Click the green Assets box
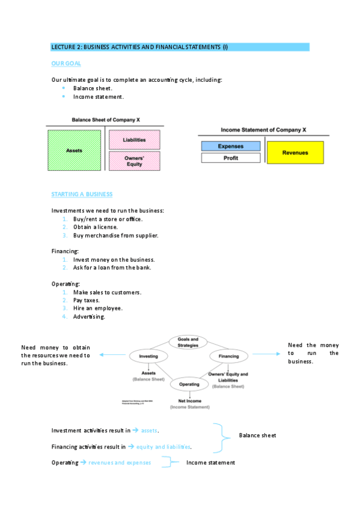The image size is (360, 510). click(x=75, y=150)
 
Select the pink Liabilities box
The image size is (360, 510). click(x=134, y=140)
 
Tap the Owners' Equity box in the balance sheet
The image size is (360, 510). click(x=134, y=161)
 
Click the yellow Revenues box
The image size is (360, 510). click(x=294, y=152)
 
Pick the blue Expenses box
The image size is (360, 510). click(x=230, y=146)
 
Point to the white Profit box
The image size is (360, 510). click(x=230, y=158)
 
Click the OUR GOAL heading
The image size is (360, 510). click(x=66, y=63)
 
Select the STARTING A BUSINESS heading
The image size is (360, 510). click(x=82, y=194)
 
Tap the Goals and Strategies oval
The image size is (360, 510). click(x=188, y=342)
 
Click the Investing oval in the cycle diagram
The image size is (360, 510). click(x=148, y=356)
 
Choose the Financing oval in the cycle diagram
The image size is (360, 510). click(x=228, y=356)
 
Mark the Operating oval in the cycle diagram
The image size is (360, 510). click(x=189, y=384)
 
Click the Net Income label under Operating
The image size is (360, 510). click(x=189, y=401)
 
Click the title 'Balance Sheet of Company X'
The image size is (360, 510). click(x=106, y=120)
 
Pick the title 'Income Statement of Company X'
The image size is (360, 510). click(x=263, y=129)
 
